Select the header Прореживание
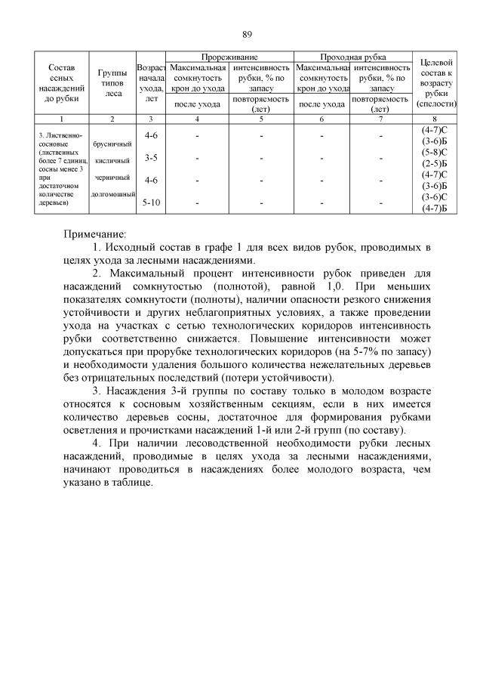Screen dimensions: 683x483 [229, 57]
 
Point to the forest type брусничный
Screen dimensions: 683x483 [112, 144]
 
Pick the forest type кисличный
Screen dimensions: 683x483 [112, 160]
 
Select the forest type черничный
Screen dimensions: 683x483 [112, 178]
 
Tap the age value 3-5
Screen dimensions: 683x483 [151, 158]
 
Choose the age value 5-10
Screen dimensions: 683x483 [151, 202]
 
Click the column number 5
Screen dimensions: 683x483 [260, 119]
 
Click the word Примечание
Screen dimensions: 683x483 [95, 233]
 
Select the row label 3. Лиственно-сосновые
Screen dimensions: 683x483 [60, 139]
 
